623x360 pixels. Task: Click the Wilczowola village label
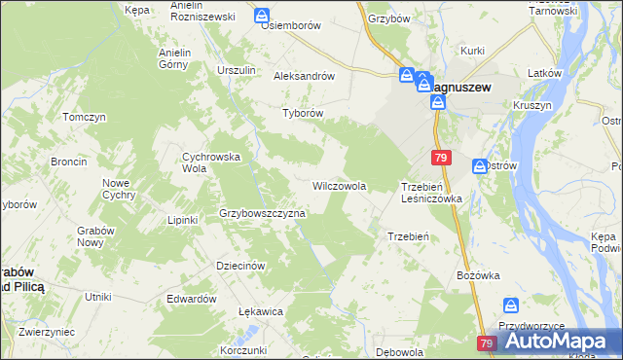coord(339,185)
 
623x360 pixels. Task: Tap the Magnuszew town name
coord(460,87)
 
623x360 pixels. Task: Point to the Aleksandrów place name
coord(305,75)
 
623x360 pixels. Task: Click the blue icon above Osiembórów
coord(263,16)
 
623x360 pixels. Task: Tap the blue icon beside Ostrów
coord(480,166)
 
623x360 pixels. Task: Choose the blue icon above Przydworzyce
coord(510,306)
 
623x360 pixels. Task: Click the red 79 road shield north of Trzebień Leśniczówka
coord(442,158)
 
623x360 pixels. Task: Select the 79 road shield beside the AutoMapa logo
coord(488,343)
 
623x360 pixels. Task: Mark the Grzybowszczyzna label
coord(263,212)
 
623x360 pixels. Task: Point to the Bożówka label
coord(478,275)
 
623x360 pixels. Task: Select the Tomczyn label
coord(84,117)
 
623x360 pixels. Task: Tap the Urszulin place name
coord(237,70)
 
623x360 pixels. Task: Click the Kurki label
coord(473,50)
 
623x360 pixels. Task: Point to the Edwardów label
coord(191,299)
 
